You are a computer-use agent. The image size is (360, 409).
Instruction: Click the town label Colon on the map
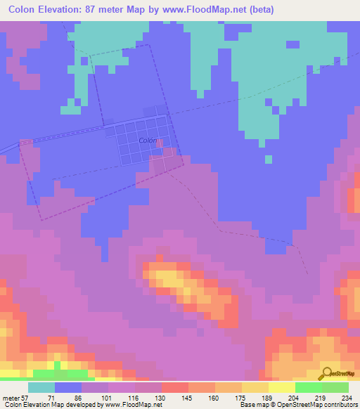coord(148,141)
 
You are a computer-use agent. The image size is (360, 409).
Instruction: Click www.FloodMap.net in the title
coord(205,10)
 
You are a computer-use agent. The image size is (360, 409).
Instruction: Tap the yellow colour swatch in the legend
coord(281,387)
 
